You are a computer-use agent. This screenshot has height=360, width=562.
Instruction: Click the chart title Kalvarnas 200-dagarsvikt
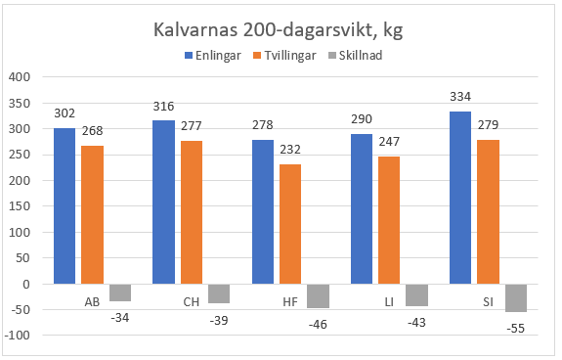(281, 29)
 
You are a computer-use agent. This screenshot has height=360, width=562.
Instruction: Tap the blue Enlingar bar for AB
(65, 205)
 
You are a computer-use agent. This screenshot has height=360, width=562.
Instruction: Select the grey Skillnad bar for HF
(319, 295)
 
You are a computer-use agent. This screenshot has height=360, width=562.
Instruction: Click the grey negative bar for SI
(517, 298)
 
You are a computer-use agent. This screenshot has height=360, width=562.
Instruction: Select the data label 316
(164, 108)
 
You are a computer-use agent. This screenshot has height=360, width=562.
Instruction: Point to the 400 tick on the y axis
(20, 77)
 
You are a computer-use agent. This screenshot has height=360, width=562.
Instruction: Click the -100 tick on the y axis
(18, 336)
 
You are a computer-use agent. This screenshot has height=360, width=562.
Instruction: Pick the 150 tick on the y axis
(20, 206)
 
